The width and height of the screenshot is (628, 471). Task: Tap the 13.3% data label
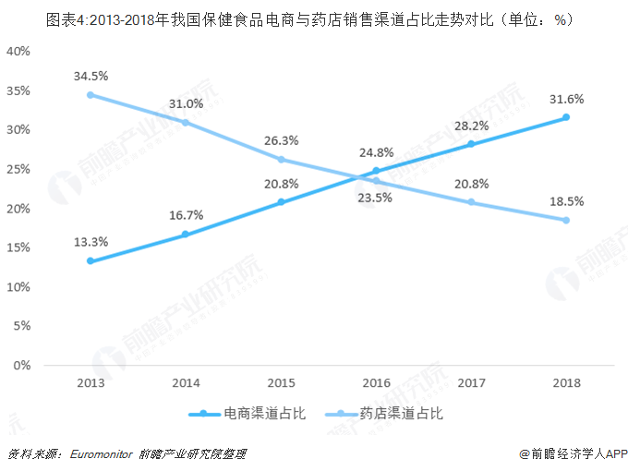point(91,242)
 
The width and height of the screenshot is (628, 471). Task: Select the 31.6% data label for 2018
point(565,99)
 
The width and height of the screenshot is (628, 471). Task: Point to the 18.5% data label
point(565,200)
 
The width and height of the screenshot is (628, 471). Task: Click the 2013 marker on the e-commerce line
point(91,261)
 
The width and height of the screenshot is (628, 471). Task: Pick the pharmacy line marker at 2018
point(565,220)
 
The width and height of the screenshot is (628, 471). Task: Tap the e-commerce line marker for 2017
point(470,144)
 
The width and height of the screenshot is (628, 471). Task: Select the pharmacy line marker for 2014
point(186,122)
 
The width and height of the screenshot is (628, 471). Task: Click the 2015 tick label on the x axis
point(281,381)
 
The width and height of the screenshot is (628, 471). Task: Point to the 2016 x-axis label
point(376,381)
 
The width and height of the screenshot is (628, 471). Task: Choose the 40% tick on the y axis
point(19,51)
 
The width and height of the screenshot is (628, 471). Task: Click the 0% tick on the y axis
point(23,366)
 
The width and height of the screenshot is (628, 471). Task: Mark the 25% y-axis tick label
point(19,169)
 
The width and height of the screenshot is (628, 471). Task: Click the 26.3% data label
point(281,140)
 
